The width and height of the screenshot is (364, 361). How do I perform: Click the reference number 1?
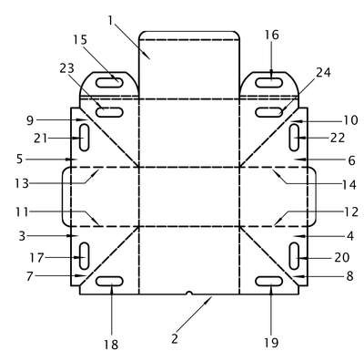[110, 20]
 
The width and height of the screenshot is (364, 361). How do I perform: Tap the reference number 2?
[175, 339]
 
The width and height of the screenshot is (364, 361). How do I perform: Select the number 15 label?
[80, 40]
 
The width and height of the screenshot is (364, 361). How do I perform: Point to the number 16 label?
[271, 35]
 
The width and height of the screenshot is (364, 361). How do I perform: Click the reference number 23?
[66, 68]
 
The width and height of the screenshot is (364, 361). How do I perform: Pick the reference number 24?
[323, 72]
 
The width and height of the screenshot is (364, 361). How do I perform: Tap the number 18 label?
[111, 345]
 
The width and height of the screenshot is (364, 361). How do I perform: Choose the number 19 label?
[271, 343]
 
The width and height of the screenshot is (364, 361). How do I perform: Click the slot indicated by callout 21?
[84, 138]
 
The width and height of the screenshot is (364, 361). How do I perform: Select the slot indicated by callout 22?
[294, 138]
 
